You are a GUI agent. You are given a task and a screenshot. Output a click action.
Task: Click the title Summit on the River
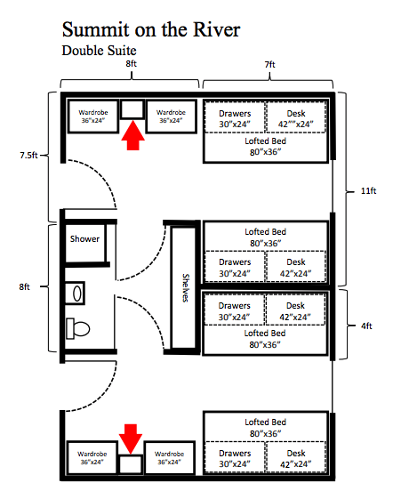tap(150, 28)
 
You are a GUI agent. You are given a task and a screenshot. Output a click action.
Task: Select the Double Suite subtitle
tap(98, 51)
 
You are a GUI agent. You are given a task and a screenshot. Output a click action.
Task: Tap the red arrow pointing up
tap(132, 136)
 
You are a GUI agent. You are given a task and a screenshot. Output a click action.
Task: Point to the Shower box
tap(85, 239)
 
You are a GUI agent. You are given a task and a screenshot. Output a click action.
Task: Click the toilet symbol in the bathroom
tap(77, 327)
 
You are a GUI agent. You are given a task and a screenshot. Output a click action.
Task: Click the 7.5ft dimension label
tap(29, 155)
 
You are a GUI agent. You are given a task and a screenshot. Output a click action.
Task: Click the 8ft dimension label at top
tap(131, 66)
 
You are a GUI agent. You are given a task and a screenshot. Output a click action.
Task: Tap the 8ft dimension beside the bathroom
tap(26, 286)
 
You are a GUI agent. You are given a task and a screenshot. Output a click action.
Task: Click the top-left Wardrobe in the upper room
tap(93, 117)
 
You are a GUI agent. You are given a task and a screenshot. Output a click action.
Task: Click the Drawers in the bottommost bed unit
tap(235, 458)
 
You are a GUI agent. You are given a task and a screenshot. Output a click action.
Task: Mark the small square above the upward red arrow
tap(132, 109)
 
